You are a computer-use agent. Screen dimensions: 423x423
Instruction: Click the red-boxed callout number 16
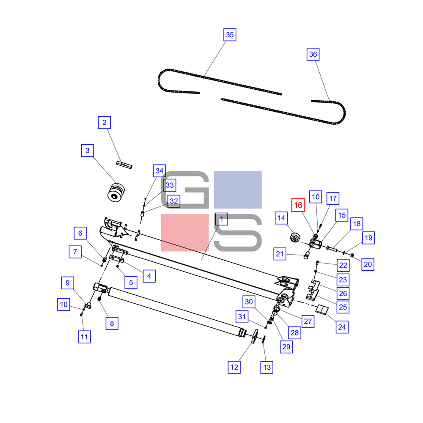point(298,205)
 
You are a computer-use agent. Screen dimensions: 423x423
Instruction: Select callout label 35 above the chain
point(230,35)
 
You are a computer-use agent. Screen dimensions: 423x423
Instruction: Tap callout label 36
point(313,54)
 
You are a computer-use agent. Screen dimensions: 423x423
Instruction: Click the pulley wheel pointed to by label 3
point(116,192)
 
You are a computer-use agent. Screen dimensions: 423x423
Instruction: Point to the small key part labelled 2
point(124,165)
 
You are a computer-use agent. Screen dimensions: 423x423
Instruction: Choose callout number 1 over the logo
point(222,219)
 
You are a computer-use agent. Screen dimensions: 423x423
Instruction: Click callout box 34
point(159,171)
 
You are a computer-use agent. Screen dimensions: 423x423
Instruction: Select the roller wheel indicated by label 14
point(295,238)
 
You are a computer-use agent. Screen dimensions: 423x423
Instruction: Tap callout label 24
point(342,327)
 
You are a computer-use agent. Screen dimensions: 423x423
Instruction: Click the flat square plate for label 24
point(322,310)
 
